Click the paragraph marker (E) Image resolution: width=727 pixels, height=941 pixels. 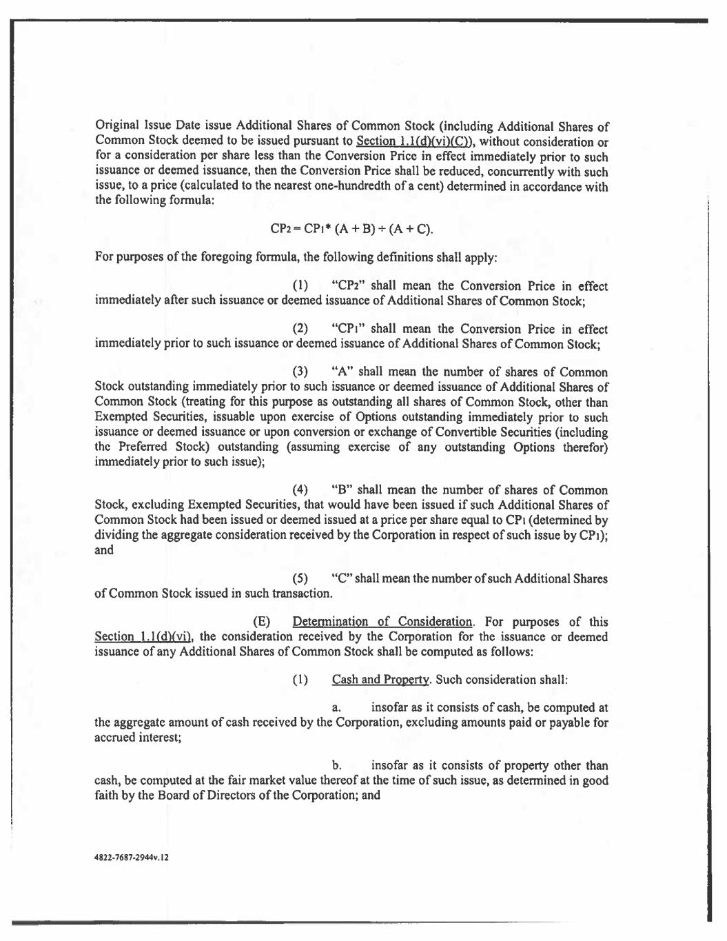(x=263, y=622)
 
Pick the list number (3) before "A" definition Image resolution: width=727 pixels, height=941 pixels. (x=300, y=373)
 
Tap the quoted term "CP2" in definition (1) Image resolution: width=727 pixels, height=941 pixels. (x=348, y=286)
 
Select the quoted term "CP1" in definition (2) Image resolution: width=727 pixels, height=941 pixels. (x=348, y=330)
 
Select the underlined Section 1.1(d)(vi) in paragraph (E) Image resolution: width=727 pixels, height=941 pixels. (x=143, y=636)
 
